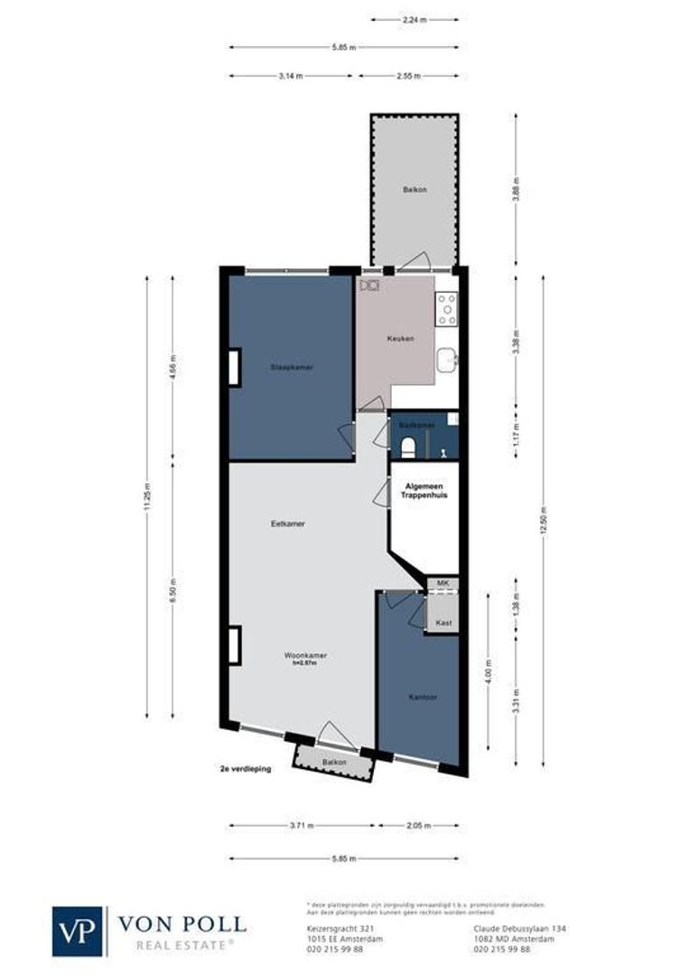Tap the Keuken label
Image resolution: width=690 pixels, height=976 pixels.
(x=400, y=339)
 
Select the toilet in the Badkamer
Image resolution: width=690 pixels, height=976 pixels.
(x=407, y=446)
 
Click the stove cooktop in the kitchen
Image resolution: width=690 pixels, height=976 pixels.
(x=446, y=309)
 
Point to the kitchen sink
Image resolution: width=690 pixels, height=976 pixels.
(x=446, y=361)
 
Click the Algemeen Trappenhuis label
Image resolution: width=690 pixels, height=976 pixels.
(x=424, y=491)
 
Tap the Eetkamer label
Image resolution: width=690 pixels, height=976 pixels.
(x=286, y=523)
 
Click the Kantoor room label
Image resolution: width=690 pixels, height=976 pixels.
(x=422, y=697)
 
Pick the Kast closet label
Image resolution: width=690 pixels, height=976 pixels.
(x=443, y=624)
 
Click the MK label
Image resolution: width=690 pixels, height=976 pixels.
(x=443, y=584)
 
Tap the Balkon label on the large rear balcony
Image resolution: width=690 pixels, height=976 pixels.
(x=415, y=190)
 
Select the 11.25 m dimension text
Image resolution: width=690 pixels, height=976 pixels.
(x=147, y=496)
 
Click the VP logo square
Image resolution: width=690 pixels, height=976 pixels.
(x=79, y=931)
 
